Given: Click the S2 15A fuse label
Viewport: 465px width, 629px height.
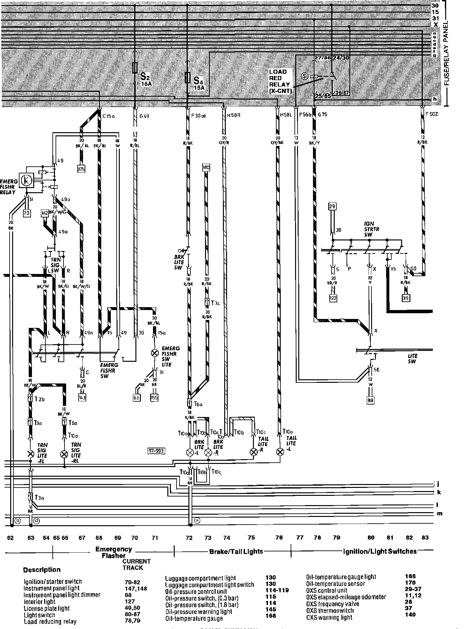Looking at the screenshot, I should point(146,80).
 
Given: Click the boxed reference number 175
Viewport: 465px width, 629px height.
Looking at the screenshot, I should point(81,169).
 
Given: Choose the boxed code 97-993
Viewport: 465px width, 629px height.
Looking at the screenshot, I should point(156,451).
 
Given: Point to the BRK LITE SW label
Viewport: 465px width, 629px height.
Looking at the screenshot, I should point(178,263).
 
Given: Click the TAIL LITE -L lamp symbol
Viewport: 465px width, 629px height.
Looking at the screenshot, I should point(280,452).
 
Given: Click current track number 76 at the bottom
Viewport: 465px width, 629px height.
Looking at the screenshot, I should point(279,538).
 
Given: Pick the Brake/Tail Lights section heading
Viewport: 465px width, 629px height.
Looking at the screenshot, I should point(236,551).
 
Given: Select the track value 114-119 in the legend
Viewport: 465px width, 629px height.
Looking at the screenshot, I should point(277,590).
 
